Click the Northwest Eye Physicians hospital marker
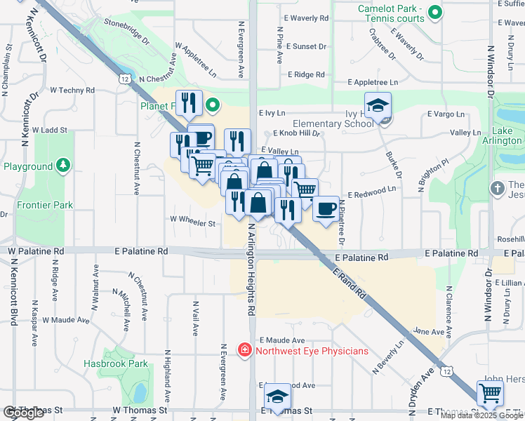[244, 349]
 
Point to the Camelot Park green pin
[435, 11]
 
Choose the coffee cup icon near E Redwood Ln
[324, 208]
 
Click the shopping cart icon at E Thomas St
[489, 393]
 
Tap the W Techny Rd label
[72, 91]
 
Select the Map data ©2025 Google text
[481, 415]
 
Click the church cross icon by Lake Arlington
[497, 188]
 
